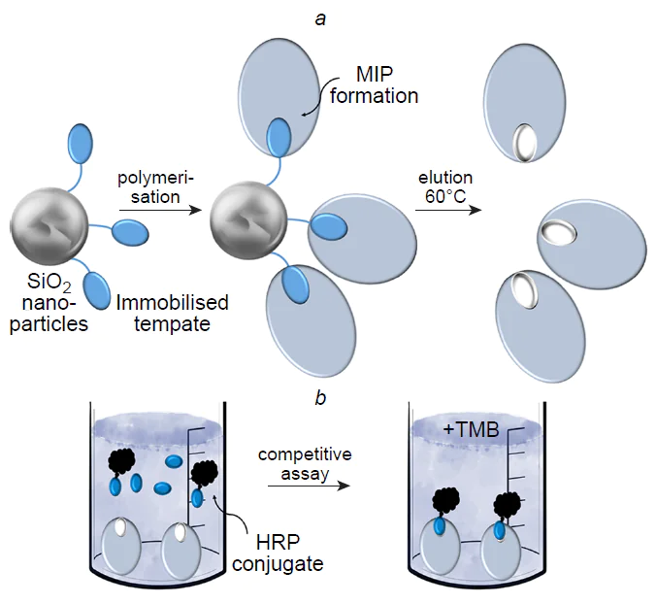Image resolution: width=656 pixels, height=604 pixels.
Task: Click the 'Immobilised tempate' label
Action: (x=173, y=313)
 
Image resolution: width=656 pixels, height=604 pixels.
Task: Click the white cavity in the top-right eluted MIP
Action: (x=526, y=142)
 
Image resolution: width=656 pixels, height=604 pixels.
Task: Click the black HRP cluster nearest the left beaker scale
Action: (x=206, y=475)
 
